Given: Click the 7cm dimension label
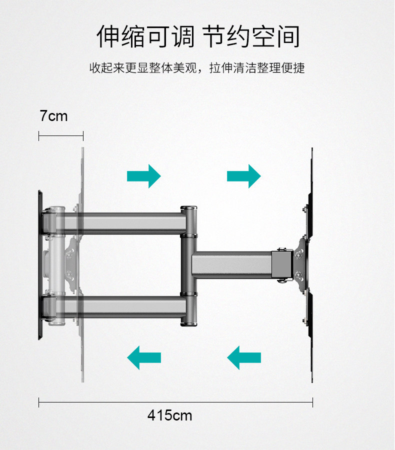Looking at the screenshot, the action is click(53, 116).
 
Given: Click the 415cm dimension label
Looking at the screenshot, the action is click(169, 415).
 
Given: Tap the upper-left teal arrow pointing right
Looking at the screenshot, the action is click(143, 176).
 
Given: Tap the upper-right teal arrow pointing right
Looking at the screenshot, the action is click(243, 176).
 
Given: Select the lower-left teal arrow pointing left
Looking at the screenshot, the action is click(143, 357).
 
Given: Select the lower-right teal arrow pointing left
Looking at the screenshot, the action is click(243, 357).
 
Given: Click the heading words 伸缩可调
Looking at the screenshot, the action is click(145, 37).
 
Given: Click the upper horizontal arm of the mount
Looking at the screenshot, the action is click(130, 223).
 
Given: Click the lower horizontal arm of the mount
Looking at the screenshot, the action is click(130, 305).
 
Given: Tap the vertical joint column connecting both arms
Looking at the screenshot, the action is click(188, 265).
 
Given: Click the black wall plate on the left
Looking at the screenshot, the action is click(40, 265).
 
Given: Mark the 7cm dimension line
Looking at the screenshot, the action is click(60, 135).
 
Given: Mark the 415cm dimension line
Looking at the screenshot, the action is click(175, 402).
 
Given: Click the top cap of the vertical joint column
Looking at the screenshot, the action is click(188, 207).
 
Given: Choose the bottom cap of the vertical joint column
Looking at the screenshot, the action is click(188, 322).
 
